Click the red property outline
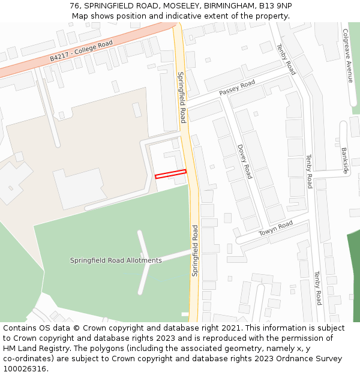click(170, 174)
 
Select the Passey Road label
click(237, 88)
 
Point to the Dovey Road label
click(245, 161)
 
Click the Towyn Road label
click(275, 228)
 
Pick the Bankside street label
click(345, 160)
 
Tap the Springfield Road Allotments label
click(116, 260)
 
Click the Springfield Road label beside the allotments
click(194, 250)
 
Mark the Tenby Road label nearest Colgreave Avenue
click(286, 59)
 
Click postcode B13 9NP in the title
click(277, 5)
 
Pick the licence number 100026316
click(25, 369)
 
